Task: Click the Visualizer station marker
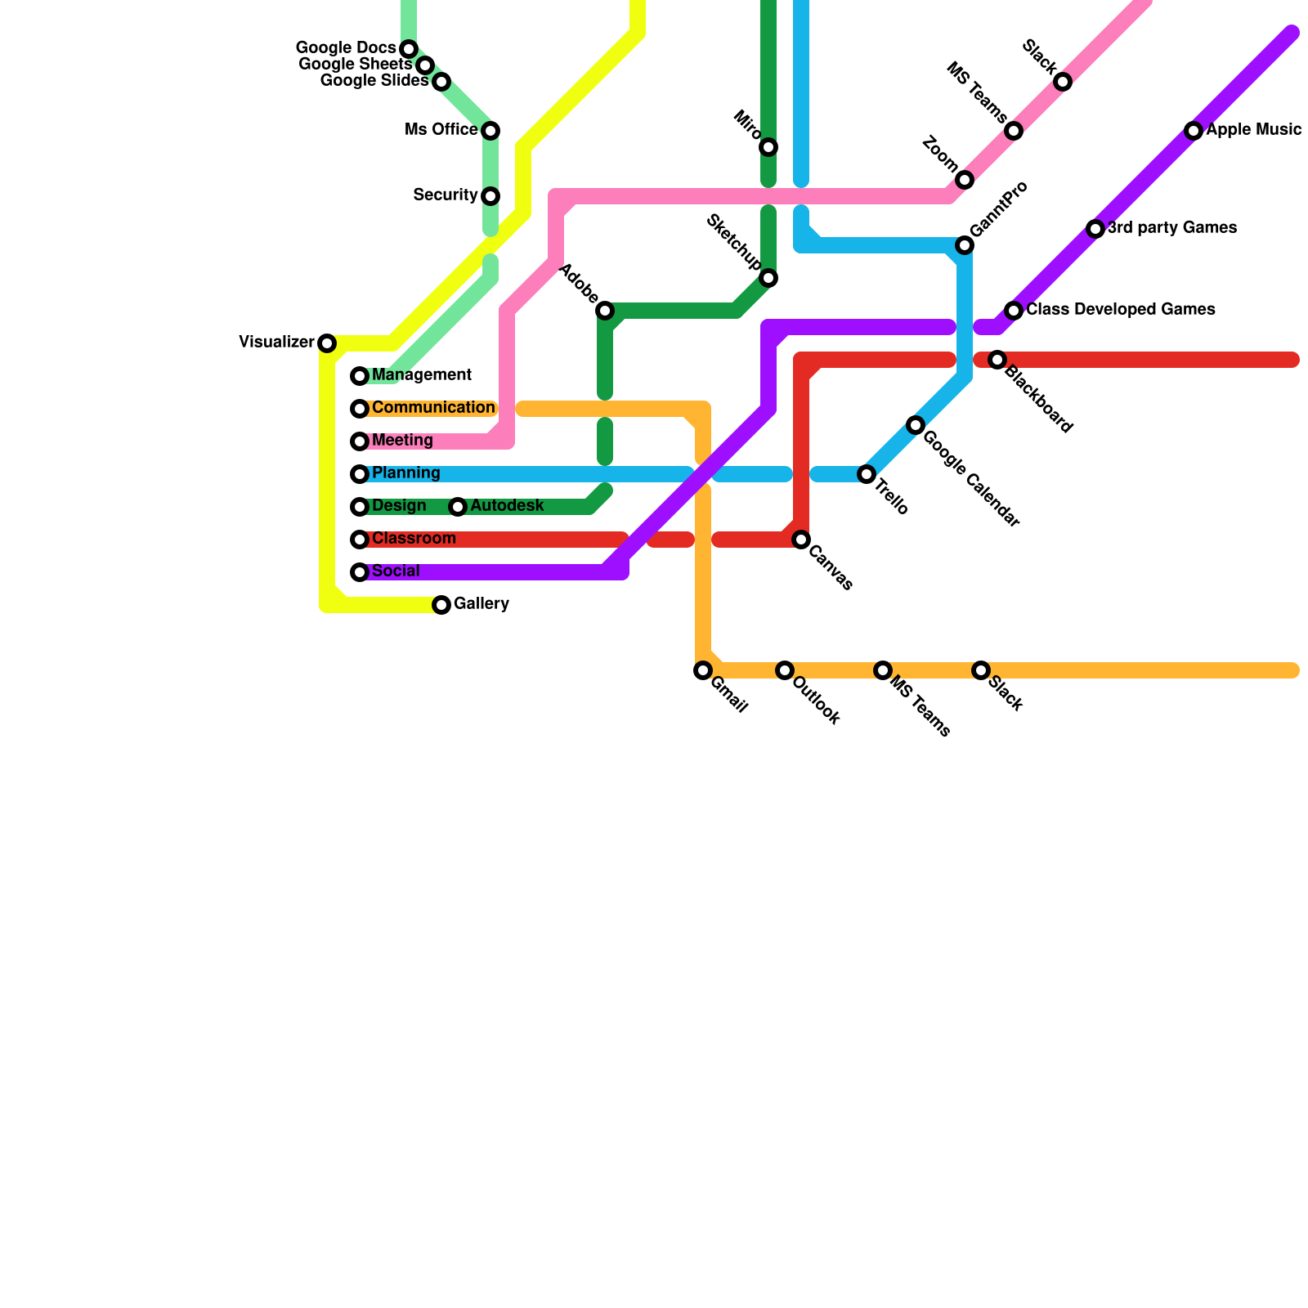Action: pyautogui.click(x=327, y=343)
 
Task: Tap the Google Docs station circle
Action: pyautogui.click(x=409, y=49)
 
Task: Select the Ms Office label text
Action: pyautogui.click(x=441, y=130)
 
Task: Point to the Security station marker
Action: pyautogui.click(x=490, y=196)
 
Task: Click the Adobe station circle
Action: pyautogui.click(x=605, y=311)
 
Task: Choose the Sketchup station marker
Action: pyautogui.click(x=768, y=279)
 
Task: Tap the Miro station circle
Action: pyautogui.click(x=768, y=147)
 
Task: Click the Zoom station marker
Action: pyautogui.click(x=965, y=180)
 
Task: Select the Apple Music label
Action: pyautogui.click(x=1253, y=130)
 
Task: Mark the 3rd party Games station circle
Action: pyautogui.click(x=1095, y=229)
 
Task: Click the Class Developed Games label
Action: pyautogui.click(x=1120, y=310)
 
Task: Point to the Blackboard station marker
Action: pyautogui.click(x=997, y=360)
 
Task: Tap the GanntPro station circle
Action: pyautogui.click(x=965, y=245)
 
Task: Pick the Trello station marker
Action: pyautogui.click(x=867, y=474)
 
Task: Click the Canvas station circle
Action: pyautogui.click(x=801, y=540)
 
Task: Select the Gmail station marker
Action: pyautogui.click(x=703, y=670)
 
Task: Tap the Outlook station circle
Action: pyautogui.click(x=785, y=670)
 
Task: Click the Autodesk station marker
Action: pyautogui.click(x=458, y=507)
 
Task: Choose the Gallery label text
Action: pyautogui.click(x=481, y=604)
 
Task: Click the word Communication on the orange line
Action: pyautogui.click(x=433, y=408)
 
